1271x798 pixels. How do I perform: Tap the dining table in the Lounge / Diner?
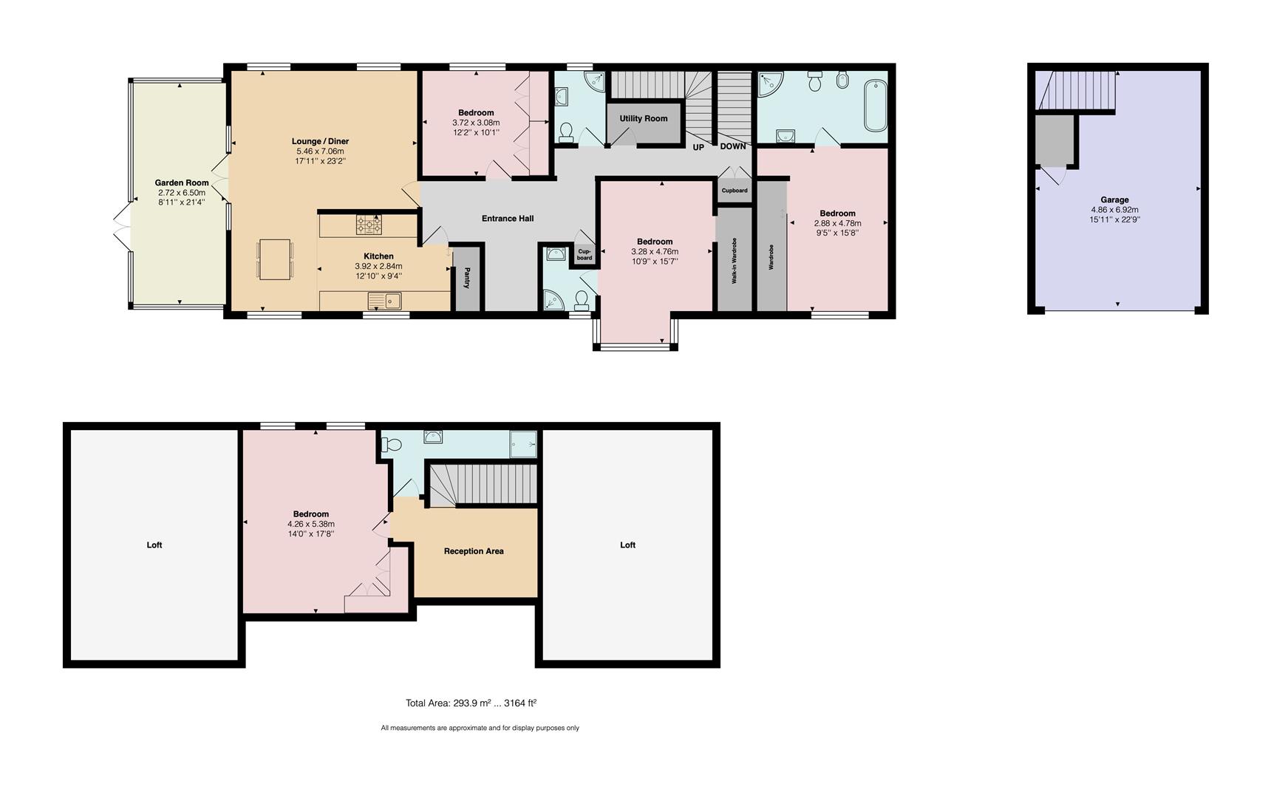tap(275, 259)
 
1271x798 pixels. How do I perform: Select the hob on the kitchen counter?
tap(369, 224)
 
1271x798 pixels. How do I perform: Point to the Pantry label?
tap(467, 279)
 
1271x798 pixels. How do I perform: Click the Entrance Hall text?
tap(507, 219)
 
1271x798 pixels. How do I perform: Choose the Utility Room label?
tap(643, 118)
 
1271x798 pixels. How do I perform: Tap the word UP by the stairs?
tap(698, 147)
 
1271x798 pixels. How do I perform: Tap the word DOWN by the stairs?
tap(732, 146)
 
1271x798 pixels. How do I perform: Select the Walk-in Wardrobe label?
tap(735, 260)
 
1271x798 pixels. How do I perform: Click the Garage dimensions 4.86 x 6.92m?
tap(1114, 210)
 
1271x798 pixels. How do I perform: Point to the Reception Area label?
tap(474, 551)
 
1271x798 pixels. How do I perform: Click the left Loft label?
tap(154, 545)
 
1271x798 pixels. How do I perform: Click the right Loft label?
tap(627, 545)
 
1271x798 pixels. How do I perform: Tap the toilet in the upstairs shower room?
tap(391, 445)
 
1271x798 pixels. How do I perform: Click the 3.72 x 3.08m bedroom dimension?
tap(475, 123)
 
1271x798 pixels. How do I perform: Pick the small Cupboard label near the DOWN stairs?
tap(734, 191)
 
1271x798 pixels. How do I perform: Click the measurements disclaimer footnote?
tap(480, 728)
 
